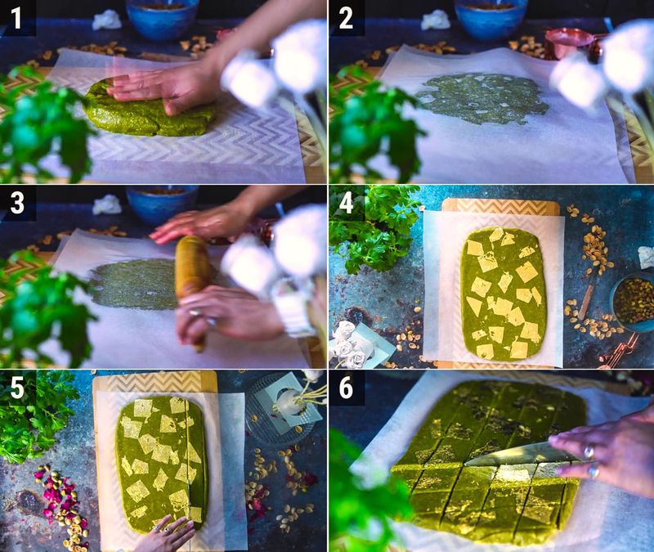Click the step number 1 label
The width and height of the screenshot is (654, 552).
click(x=16, y=18)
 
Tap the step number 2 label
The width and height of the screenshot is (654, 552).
click(x=346, y=18)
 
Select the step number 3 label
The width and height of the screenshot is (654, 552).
click(x=17, y=203)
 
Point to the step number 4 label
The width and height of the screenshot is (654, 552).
click(x=347, y=203)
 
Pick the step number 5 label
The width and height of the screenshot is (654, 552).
click(x=17, y=388)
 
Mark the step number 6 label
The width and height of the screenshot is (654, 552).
click(x=347, y=388)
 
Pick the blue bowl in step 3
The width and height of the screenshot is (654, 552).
click(x=162, y=204)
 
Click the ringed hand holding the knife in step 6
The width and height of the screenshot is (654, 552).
click(x=605, y=451)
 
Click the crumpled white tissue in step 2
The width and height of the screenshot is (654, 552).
click(x=437, y=19)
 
